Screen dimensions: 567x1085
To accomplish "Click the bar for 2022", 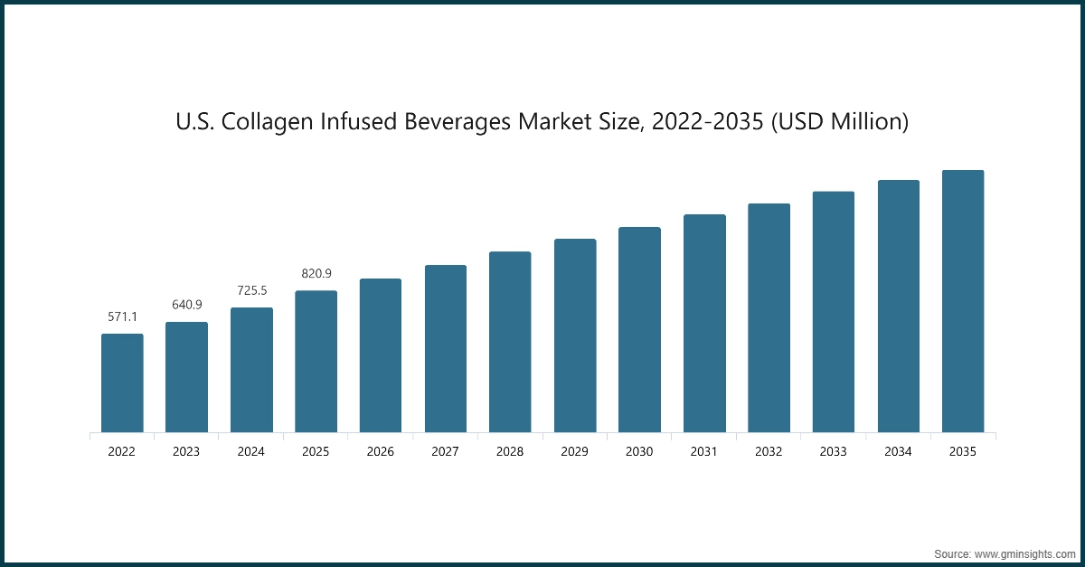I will click(122, 383).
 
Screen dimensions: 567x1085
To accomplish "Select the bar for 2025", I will click(316, 362).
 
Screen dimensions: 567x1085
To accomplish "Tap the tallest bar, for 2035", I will click(963, 301).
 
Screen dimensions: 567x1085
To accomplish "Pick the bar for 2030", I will click(639, 330).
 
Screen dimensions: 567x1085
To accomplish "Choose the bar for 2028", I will click(510, 342).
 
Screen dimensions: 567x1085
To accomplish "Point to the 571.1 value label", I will click(122, 317).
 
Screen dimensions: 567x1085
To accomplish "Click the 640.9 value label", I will click(186, 305).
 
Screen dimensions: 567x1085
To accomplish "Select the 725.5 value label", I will click(251, 290).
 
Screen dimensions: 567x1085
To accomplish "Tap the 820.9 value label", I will click(316, 273).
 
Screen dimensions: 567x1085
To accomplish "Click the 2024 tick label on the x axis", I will click(251, 451).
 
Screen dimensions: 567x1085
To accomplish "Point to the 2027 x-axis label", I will click(445, 451).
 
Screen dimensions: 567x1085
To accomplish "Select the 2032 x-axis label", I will click(769, 451).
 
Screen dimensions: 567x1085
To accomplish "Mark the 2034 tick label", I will click(898, 451).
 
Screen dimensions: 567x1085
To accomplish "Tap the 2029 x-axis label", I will click(575, 451).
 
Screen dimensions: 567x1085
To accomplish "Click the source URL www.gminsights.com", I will click(1025, 552).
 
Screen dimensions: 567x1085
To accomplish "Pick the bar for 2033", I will click(834, 312).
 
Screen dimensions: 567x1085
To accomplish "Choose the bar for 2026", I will click(381, 355).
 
